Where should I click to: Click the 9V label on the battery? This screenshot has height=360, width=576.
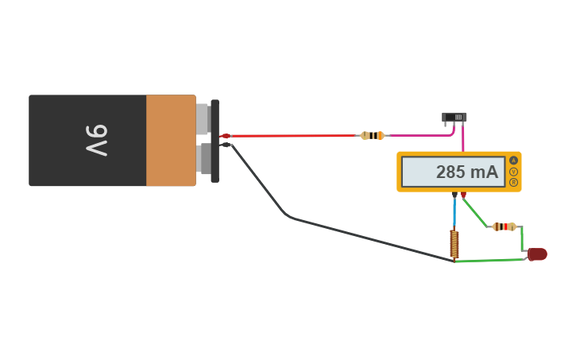(97, 141)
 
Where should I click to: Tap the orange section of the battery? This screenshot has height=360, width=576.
(171, 141)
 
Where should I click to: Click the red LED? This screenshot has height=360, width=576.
(537, 254)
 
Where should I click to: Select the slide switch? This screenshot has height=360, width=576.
(454, 118)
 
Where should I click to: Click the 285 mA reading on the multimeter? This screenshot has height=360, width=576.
(467, 172)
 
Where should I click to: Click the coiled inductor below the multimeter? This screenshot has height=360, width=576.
(454, 243)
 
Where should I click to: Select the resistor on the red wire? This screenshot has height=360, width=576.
(373, 136)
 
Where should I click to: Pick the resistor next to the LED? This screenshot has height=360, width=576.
(504, 226)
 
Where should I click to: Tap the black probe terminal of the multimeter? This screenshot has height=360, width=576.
(454, 195)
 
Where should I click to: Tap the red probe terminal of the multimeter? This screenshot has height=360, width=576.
(463, 195)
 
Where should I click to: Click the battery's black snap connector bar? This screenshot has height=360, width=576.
(215, 141)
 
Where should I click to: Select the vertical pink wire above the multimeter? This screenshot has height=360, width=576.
(463, 138)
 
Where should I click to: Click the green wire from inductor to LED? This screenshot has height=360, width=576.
(489, 261)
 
